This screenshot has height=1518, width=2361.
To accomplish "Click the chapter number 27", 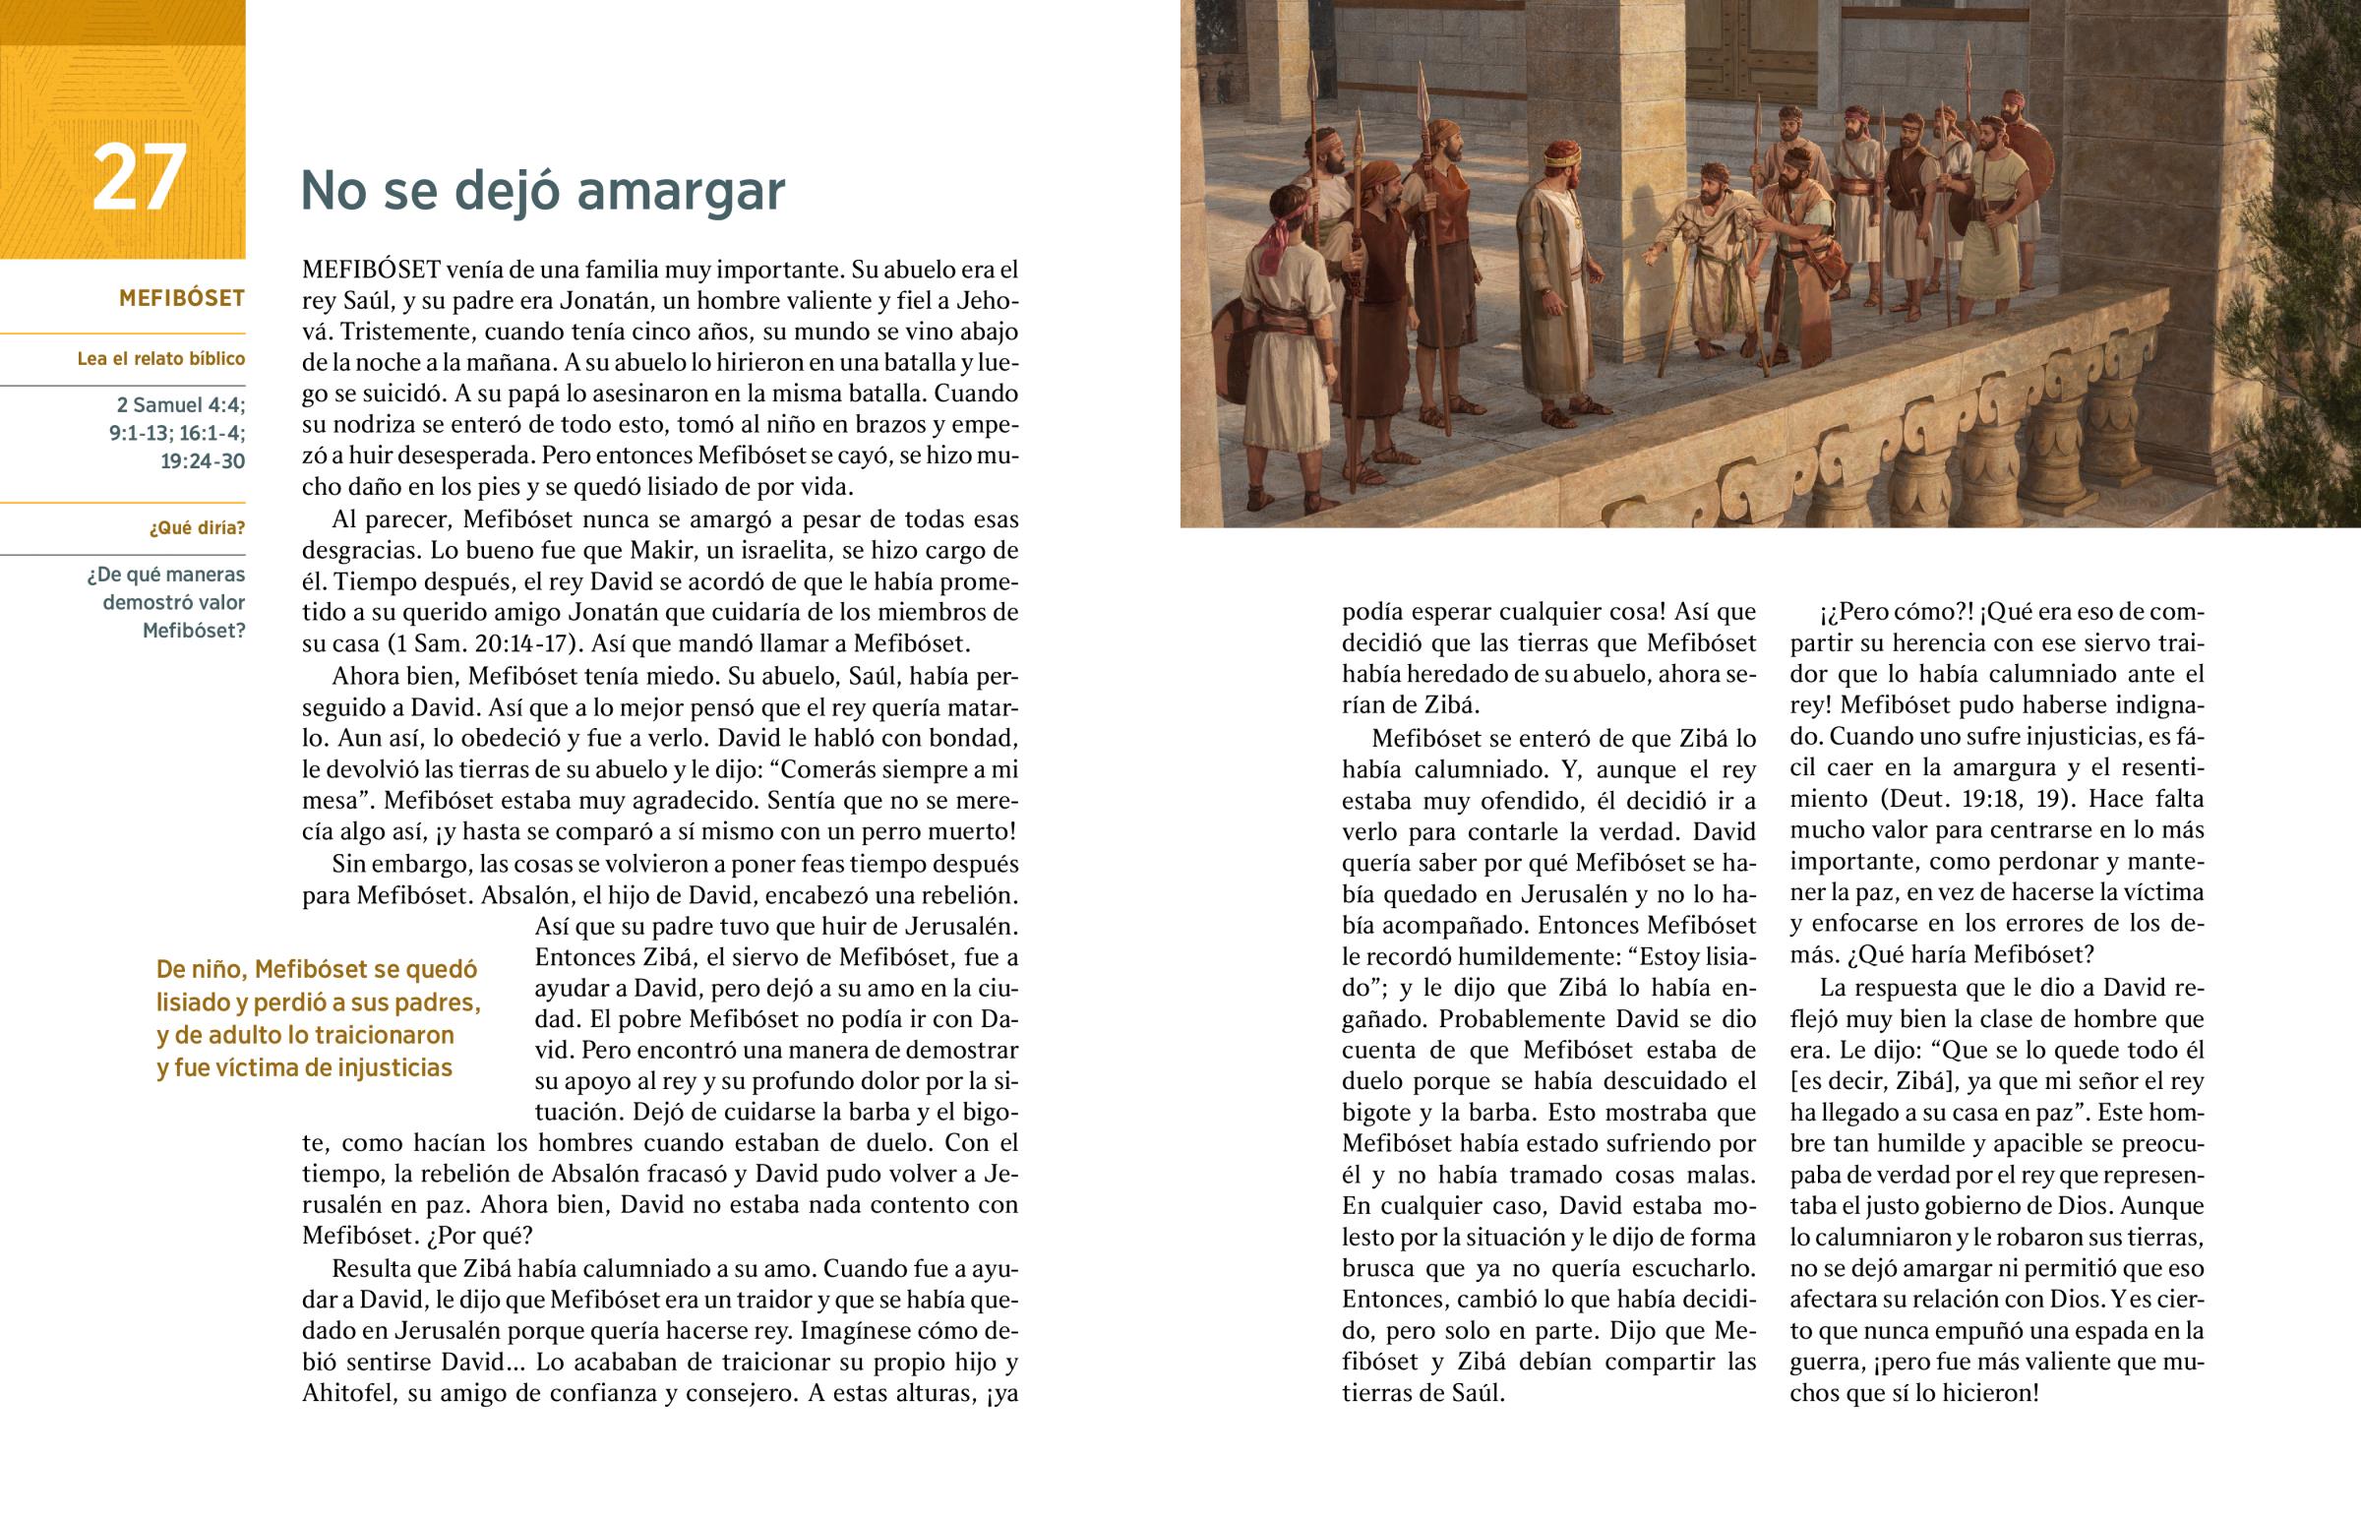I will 138,177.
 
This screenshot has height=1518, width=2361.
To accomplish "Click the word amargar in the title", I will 681,190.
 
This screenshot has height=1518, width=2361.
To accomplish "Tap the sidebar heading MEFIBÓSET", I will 181,298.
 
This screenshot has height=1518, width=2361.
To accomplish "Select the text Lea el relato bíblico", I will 160,359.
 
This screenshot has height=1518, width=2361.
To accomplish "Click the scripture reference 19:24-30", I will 202,461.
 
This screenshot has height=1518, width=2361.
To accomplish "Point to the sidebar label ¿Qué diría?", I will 197,528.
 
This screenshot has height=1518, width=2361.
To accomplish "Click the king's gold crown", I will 1562,153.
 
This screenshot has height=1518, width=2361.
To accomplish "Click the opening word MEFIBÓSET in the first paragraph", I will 371,270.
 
